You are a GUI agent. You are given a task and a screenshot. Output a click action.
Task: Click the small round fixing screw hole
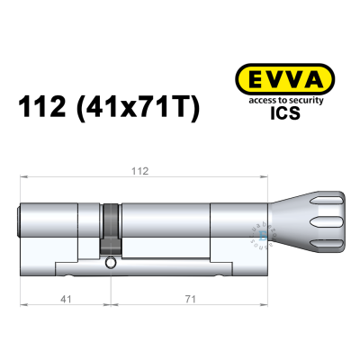[x=110, y=264]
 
